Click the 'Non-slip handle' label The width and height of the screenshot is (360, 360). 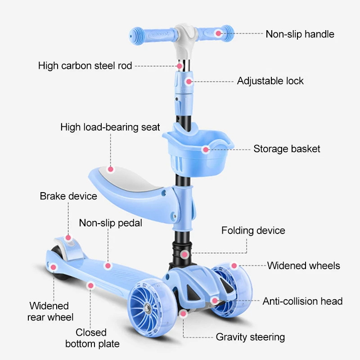(300, 34)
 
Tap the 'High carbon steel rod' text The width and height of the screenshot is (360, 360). (85, 66)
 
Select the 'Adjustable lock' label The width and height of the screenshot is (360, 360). (270, 81)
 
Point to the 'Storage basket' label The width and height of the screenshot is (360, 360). (287, 148)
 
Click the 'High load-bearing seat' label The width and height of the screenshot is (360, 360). (110, 127)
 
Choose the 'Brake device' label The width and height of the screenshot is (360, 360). (68, 196)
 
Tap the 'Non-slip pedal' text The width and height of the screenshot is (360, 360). (111, 223)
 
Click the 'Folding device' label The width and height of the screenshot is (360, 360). (253, 230)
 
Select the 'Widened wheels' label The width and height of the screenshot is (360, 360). (304, 265)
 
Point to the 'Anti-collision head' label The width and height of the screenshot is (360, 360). (302, 301)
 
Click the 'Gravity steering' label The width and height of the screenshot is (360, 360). (250, 337)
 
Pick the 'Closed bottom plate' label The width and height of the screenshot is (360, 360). (92, 338)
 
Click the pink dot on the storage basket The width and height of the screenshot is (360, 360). (206, 149)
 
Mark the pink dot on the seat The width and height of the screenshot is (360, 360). (111, 170)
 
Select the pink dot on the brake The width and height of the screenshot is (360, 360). (68, 237)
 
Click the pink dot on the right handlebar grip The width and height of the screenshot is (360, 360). (218, 33)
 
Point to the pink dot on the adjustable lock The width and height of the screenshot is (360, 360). (189, 81)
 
